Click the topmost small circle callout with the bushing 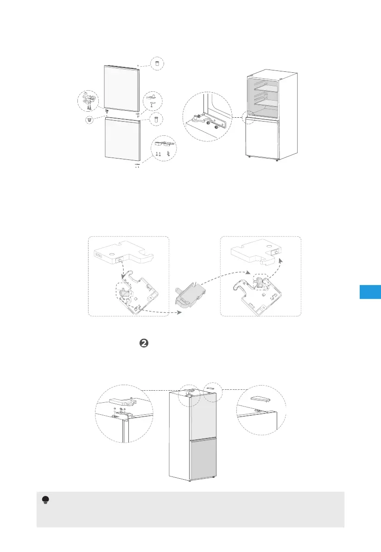pos(158,63)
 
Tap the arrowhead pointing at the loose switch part pos(179,313)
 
